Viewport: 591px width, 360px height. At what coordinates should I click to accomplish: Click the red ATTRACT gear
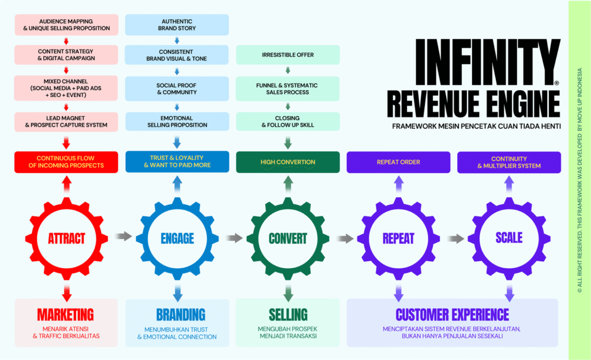click(x=66, y=238)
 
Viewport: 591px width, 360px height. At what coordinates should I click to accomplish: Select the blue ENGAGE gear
click(x=177, y=238)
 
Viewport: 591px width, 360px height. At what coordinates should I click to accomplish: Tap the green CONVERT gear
click(x=288, y=238)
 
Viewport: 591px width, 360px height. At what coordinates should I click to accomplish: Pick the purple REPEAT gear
click(x=398, y=238)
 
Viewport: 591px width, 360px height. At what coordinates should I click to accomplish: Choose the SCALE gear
click(x=509, y=238)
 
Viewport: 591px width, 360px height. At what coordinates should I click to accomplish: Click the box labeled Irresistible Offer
click(x=288, y=55)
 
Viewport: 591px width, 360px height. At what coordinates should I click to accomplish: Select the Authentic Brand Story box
click(x=177, y=24)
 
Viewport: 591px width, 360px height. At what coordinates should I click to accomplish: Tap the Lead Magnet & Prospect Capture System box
click(x=66, y=121)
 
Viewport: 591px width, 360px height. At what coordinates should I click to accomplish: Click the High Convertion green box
click(x=288, y=162)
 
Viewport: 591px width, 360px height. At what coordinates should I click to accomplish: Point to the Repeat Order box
click(x=398, y=162)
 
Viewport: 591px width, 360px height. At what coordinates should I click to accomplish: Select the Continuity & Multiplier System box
click(x=509, y=162)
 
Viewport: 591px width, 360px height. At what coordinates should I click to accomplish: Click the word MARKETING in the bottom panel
click(x=66, y=314)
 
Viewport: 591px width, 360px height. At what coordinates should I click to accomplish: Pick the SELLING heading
click(x=288, y=314)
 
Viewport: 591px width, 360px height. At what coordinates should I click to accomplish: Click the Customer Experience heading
click(x=452, y=314)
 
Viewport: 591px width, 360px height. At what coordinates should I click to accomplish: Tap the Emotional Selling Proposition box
click(x=177, y=121)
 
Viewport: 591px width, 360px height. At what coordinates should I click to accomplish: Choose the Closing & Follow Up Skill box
click(x=288, y=121)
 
